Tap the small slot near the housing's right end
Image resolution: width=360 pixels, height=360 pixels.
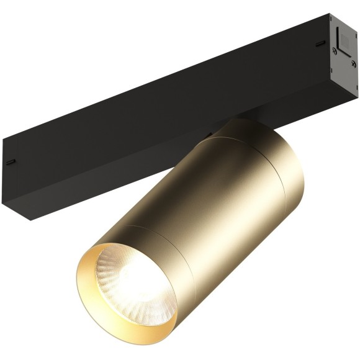[x=319, y=44]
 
